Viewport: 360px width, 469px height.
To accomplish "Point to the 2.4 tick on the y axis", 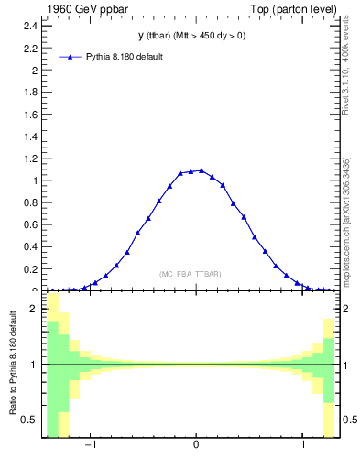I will click(x=30, y=26).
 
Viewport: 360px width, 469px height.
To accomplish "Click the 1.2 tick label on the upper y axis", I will click(x=30, y=158).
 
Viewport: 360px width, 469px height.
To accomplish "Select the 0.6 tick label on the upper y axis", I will click(x=30, y=224).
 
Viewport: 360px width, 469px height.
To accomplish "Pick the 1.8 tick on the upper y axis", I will click(x=30, y=92).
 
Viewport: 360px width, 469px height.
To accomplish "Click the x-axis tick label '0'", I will click(x=196, y=446).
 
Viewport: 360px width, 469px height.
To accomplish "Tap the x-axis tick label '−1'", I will click(x=90, y=446).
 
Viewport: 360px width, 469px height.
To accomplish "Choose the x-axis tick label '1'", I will click(x=304, y=446).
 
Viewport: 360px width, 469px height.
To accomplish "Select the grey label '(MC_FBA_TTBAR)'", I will click(x=191, y=274).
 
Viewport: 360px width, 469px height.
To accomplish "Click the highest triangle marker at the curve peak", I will click(x=201, y=170).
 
